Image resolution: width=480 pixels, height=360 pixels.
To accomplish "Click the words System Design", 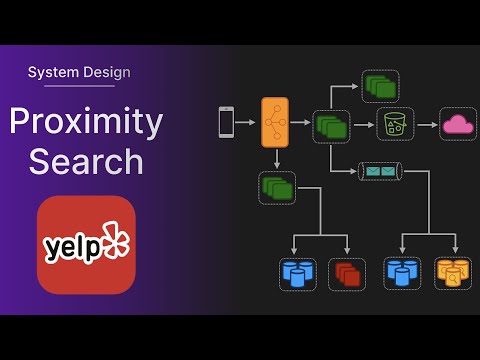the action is (x=79, y=72).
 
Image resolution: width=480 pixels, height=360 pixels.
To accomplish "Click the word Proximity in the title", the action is (x=86, y=121).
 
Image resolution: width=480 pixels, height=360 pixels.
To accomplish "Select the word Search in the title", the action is (x=86, y=160).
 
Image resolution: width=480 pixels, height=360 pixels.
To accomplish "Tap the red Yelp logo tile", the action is (x=86, y=244).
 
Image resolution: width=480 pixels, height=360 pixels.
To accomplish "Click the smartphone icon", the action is (x=225, y=123).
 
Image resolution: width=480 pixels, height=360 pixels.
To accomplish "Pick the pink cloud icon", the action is (x=458, y=124).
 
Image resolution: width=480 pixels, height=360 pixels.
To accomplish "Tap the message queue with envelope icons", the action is (x=381, y=172).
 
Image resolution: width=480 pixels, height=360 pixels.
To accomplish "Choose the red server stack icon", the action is (x=347, y=272).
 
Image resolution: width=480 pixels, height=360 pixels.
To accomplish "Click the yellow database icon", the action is (x=453, y=272).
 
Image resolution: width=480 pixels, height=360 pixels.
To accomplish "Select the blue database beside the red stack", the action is (x=296, y=272).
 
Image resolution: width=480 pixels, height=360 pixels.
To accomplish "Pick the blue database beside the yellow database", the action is (x=401, y=272).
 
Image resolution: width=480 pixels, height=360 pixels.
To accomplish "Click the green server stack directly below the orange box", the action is (x=277, y=186).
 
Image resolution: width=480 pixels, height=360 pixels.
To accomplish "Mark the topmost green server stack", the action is (x=379, y=86).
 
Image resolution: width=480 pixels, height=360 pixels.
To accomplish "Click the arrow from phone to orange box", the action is (x=247, y=123).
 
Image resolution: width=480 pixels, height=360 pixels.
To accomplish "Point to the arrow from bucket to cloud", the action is (x=425, y=124).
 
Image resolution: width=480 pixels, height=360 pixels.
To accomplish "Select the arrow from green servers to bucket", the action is (x=361, y=124).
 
